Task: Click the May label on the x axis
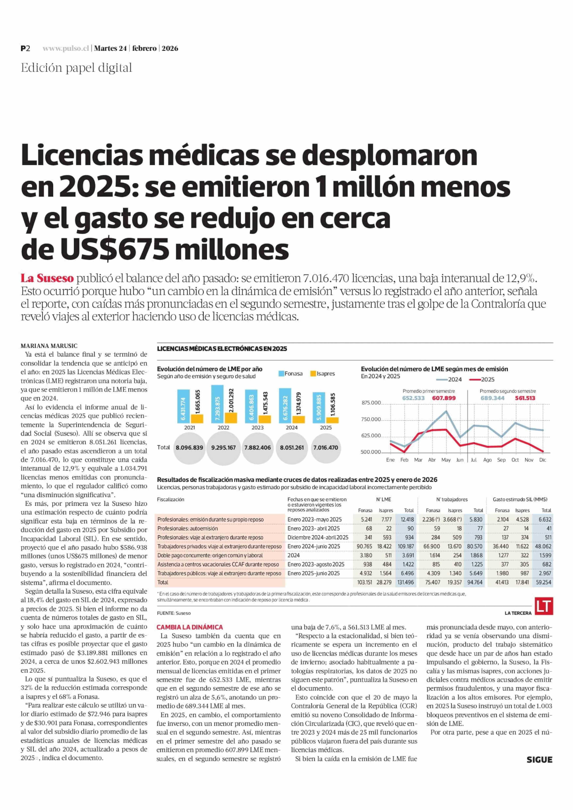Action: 446,460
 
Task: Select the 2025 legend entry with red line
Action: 482,379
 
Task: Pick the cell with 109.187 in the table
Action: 405,546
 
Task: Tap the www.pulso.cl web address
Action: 66,48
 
